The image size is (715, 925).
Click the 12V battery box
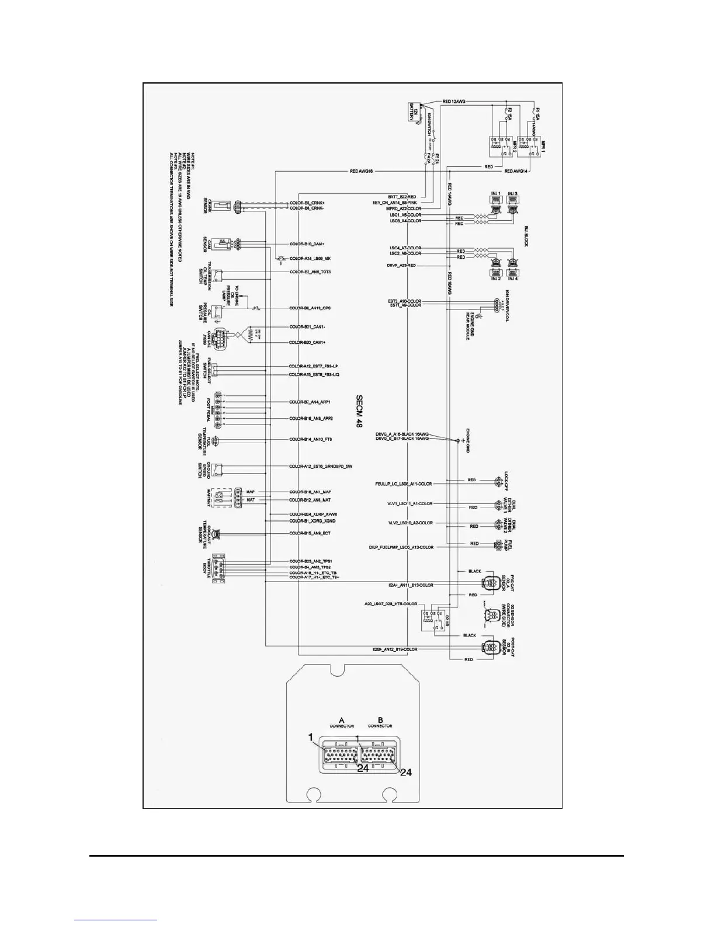pyautogui.click(x=415, y=114)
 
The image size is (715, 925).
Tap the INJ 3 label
pyautogui.click(x=512, y=193)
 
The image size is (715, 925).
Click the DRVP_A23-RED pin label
pyautogui.click(x=402, y=266)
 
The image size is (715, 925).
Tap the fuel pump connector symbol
pyautogui.click(x=498, y=544)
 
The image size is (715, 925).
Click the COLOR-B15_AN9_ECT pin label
pyautogui.click(x=311, y=533)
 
